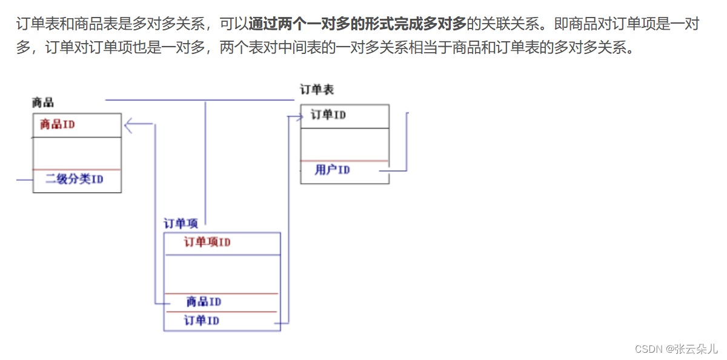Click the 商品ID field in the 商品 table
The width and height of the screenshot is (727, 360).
pos(58,125)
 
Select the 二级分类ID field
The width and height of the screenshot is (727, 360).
pos(74,179)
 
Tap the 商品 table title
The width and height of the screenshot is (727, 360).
pos(43,102)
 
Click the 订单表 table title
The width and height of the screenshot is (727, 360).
pos(317,90)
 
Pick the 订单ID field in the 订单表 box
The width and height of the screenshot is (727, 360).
pos(328,115)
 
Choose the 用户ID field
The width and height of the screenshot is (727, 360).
pos(332,170)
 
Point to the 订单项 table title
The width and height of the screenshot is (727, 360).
pos(181,224)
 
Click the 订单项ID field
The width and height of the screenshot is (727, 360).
pos(207,242)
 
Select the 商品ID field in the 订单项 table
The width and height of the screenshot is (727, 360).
pos(204,301)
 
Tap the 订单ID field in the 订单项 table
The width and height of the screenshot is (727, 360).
pos(202,321)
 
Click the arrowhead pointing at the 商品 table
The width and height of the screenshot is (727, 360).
pos(129,125)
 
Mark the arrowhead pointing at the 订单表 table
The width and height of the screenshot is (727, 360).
pos(299,117)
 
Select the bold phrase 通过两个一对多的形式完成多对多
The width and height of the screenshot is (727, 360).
pos(357,25)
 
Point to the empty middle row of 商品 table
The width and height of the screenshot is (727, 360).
pos(76,153)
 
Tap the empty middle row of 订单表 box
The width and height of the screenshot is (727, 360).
pos(345,144)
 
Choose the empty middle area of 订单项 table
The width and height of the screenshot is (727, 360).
pos(222,273)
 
